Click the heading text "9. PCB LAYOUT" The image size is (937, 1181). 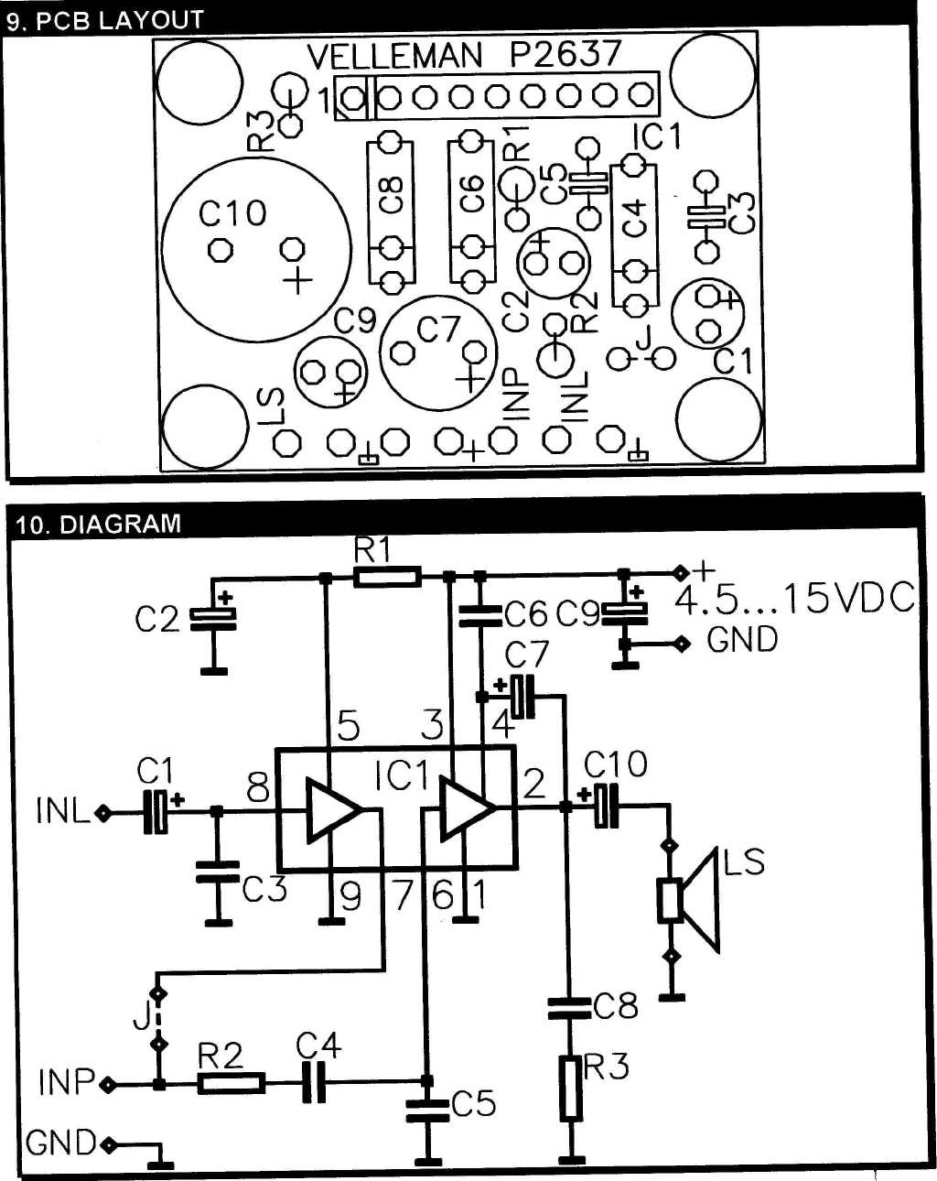[x=104, y=21]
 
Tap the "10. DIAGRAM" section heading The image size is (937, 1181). [x=98, y=524]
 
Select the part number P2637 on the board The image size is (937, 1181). [x=565, y=54]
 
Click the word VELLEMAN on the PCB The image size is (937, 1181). [x=394, y=56]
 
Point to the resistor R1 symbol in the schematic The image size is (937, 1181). [x=388, y=577]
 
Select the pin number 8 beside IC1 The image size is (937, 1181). [x=258, y=789]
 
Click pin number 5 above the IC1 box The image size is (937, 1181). [x=349, y=725]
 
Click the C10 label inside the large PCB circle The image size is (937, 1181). [x=232, y=213]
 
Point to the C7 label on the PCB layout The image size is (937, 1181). [x=437, y=330]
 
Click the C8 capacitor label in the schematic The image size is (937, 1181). [x=616, y=1005]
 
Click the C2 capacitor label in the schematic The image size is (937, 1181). [x=156, y=620]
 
